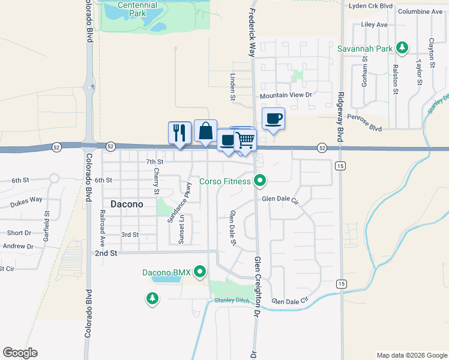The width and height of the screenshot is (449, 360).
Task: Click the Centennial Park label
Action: (x=137, y=8)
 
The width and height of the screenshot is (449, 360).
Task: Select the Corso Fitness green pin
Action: (x=259, y=179)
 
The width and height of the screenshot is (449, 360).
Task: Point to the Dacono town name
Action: (x=127, y=204)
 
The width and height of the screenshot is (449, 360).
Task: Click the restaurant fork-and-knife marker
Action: (x=179, y=133)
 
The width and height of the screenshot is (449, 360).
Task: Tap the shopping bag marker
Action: (x=205, y=131)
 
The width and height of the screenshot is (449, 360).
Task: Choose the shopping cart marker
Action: (x=245, y=140)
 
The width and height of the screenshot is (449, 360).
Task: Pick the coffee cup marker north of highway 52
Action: (x=273, y=118)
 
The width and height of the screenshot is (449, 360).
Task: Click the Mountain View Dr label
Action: (x=286, y=95)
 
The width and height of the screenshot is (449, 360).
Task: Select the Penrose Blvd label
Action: (x=367, y=128)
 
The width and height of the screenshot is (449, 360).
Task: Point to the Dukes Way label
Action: (x=28, y=199)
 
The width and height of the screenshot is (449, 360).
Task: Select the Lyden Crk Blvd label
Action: (x=371, y=6)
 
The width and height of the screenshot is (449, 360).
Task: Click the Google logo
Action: (x=20, y=353)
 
